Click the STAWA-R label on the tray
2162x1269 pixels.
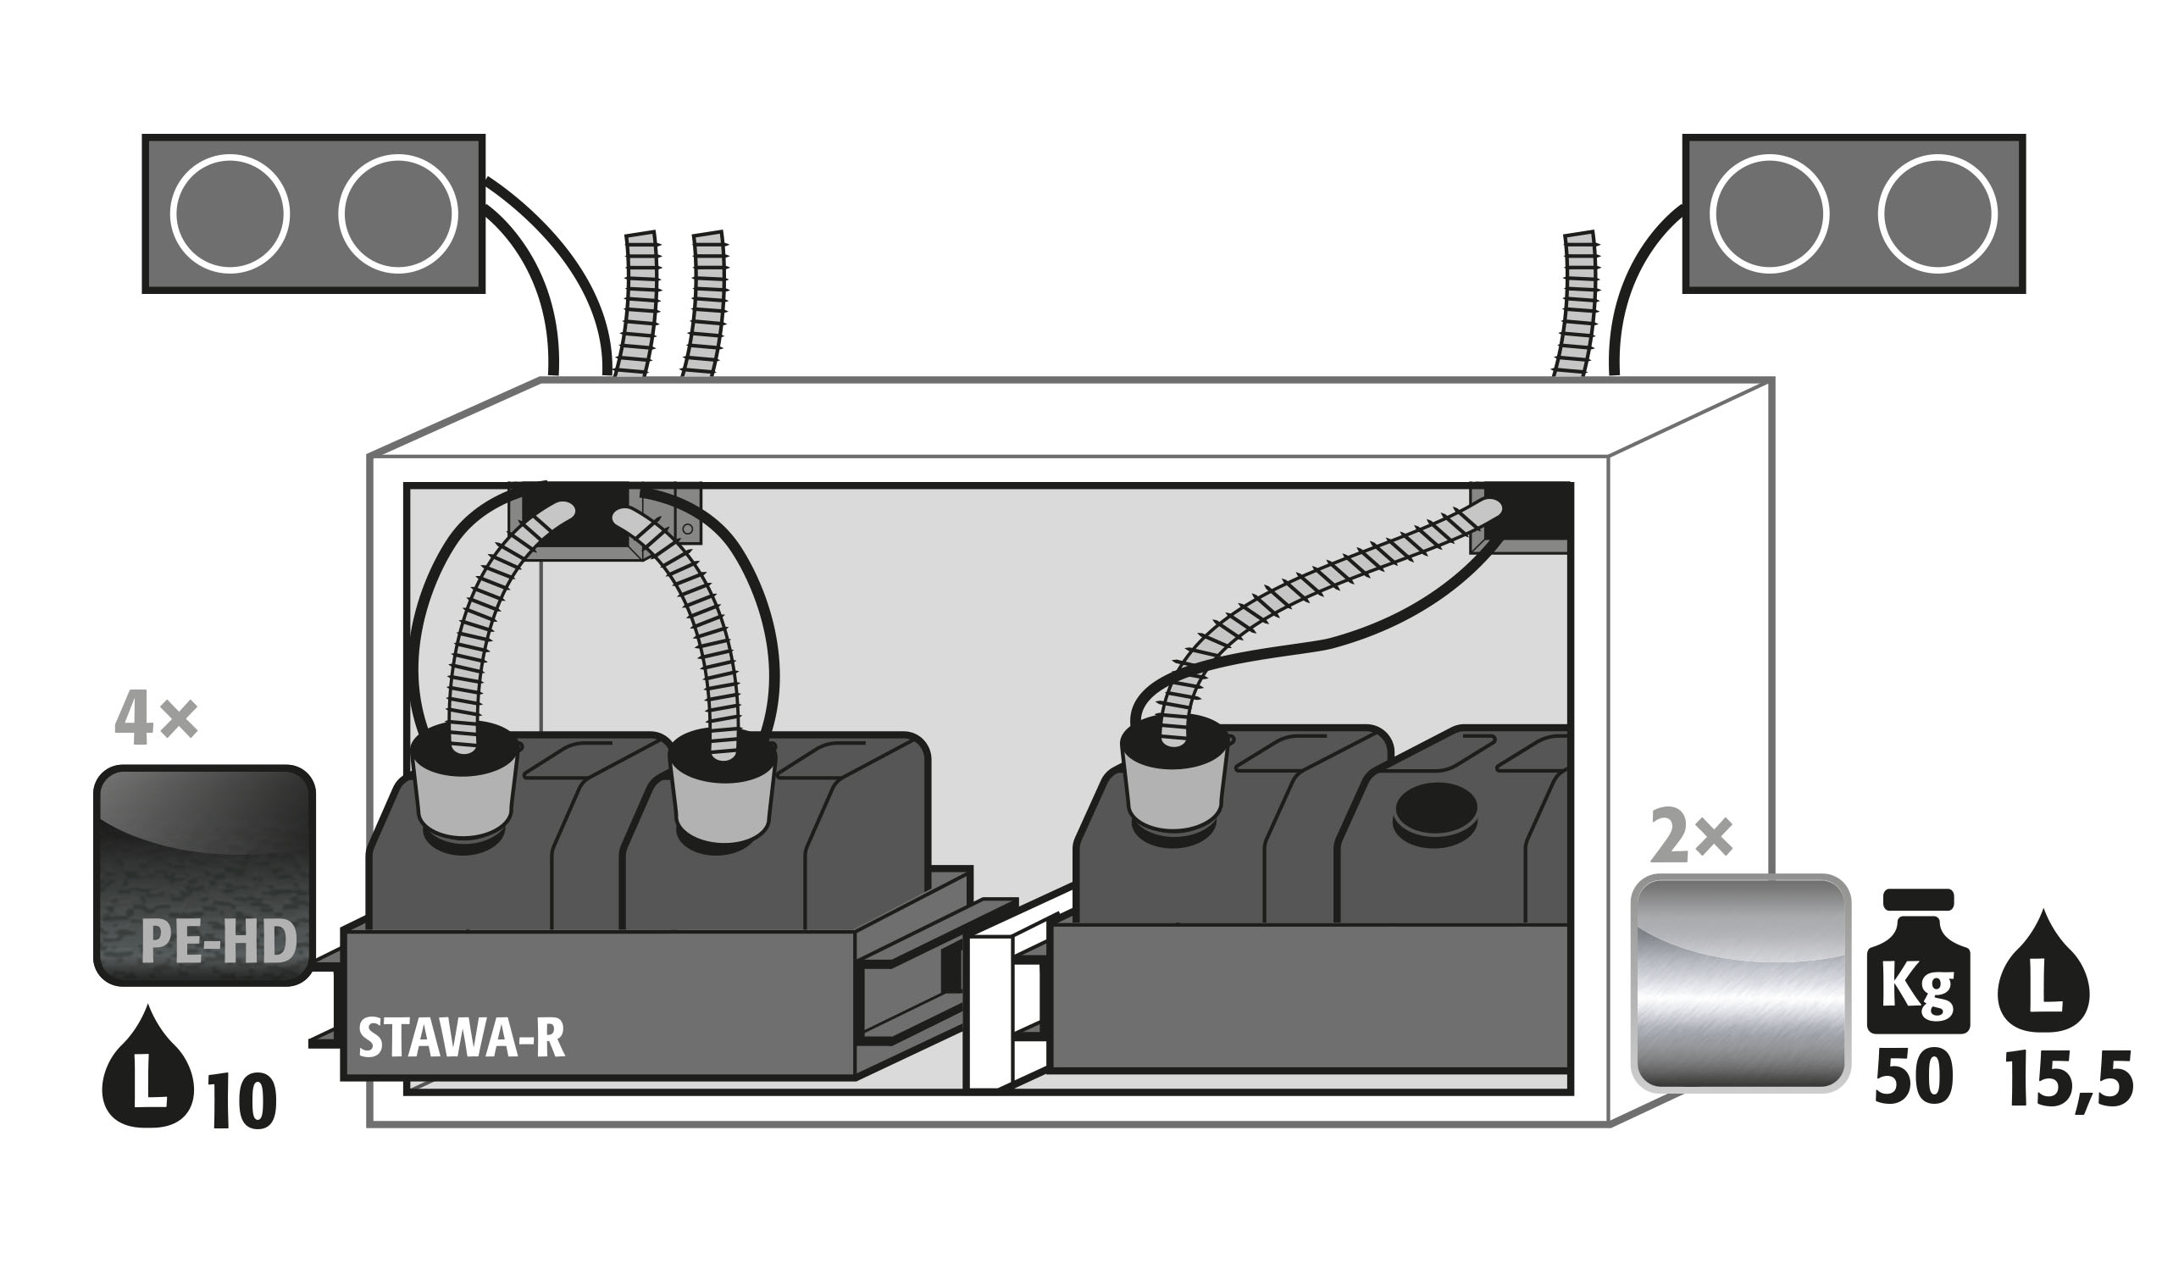pyautogui.click(x=462, y=1039)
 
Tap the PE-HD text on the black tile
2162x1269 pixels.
pyautogui.click(x=219, y=942)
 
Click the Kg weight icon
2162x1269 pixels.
pyautogui.click(x=1917, y=963)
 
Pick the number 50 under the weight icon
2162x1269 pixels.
pyautogui.click(x=1914, y=1079)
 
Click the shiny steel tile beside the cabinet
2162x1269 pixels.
pyautogui.click(x=1740, y=984)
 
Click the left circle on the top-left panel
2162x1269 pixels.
pyautogui.click(x=230, y=213)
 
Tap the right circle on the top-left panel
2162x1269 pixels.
pyautogui.click(x=397, y=213)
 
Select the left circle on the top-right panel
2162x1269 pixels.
pyautogui.click(x=1769, y=213)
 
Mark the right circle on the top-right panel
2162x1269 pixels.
pyautogui.click(x=1937, y=213)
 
